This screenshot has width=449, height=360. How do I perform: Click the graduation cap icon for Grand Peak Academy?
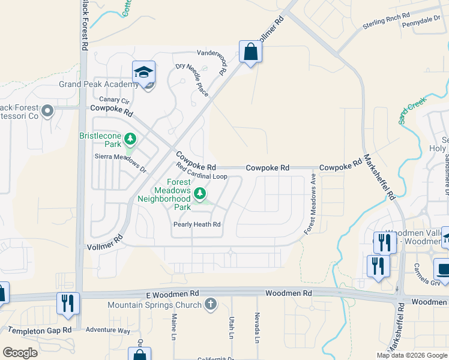tap(143, 73)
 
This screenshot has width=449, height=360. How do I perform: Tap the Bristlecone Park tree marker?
tap(130, 140)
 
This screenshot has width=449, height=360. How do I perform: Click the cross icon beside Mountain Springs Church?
tap(210, 304)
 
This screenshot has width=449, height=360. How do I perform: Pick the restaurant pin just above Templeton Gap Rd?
tap(68, 303)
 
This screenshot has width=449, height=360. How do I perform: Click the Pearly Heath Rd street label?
tap(197, 224)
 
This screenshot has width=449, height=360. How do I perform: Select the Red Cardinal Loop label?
tap(201, 171)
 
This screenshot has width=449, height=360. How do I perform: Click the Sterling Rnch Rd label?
tap(386, 22)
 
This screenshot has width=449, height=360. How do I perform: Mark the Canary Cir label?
tap(114, 100)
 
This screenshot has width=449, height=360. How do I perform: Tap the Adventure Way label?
tap(107, 330)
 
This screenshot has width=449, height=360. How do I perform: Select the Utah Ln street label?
tap(231, 328)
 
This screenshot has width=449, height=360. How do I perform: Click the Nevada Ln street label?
tap(257, 328)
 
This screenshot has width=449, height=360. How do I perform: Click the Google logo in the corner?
tap(20, 353)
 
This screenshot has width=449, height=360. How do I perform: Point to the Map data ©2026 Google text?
tap(411, 355)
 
